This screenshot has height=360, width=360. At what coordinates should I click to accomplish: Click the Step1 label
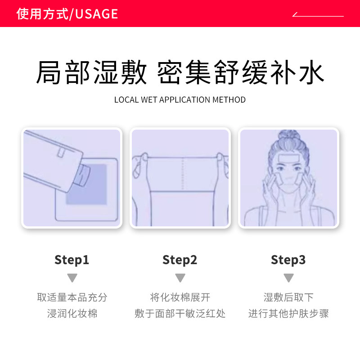point(72,260)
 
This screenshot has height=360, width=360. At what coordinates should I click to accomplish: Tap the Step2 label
point(180,260)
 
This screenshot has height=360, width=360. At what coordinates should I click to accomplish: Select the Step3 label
point(288,260)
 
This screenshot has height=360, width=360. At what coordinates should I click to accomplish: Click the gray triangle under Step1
point(72,278)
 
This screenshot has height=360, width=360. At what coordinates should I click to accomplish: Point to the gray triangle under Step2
point(180,278)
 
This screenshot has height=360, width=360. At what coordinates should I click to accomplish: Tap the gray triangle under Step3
point(288,278)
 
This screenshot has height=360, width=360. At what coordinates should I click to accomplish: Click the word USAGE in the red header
point(97,14)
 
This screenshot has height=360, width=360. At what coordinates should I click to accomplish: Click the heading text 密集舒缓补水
point(240,73)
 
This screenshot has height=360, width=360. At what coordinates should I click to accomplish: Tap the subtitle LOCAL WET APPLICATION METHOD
point(180,99)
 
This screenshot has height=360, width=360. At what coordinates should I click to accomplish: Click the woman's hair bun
point(288,137)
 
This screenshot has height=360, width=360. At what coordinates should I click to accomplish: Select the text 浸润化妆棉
point(72,313)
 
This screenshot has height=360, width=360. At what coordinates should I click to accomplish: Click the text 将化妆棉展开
point(180,297)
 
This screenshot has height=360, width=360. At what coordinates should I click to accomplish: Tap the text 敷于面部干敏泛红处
point(180,313)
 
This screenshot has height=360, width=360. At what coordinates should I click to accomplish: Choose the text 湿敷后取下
point(288,297)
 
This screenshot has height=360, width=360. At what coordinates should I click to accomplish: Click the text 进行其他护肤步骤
point(288,313)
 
